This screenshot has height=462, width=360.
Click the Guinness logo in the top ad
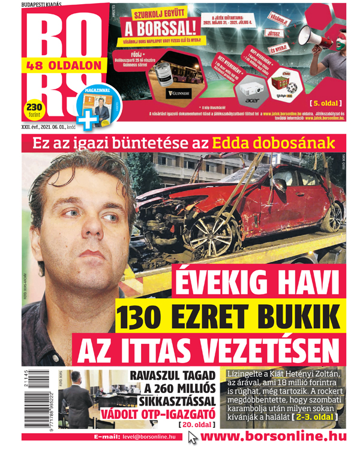tap(179, 93)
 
